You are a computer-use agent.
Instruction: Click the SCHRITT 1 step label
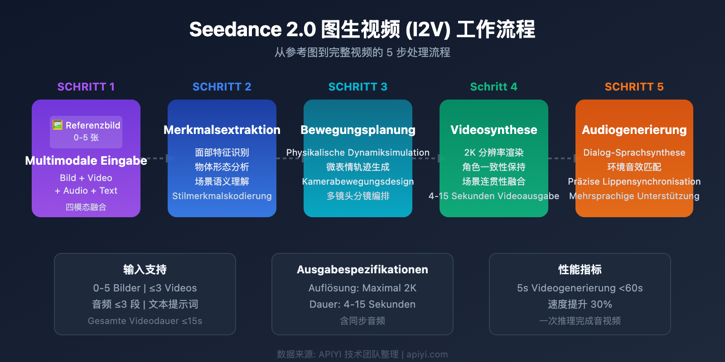coord(86,87)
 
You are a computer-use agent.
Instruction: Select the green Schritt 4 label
coord(493,87)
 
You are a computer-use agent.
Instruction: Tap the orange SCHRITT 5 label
coord(634,87)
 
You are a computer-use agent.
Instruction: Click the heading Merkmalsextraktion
coord(222,130)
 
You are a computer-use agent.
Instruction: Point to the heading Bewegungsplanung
coord(358,130)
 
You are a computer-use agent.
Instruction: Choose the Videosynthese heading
coord(494,130)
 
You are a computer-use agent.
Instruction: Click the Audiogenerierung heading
coord(634,130)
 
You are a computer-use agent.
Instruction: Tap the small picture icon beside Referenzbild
coord(58,125)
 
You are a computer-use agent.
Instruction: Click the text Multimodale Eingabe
coord(86,161)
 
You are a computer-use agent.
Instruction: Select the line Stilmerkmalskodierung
coord(222,196)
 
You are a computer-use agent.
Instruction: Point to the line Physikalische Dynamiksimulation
coord(358,152)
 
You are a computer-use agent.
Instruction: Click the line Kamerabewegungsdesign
coord(358,181)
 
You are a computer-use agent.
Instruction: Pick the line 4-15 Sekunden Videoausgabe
coord(494,196)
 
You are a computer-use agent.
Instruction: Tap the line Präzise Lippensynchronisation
coord(634,181)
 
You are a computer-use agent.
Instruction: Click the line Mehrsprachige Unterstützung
coord(634,196)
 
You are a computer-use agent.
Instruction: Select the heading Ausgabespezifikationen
coord(362,270)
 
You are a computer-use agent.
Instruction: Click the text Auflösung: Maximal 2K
coord(362,288)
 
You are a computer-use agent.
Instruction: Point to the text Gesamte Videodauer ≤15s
coord(145,321)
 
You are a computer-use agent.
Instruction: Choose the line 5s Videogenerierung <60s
coord(580,288)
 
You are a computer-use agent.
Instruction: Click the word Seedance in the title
coord(235,30)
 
